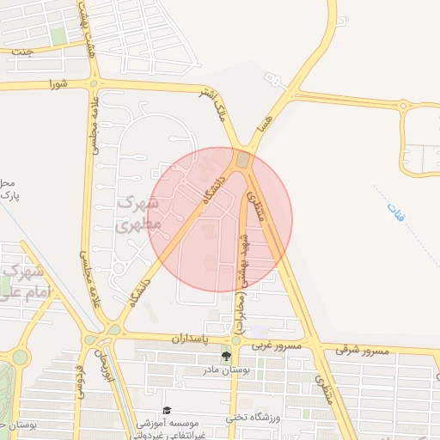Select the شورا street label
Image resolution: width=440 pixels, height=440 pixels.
pyautogui.click(x=58, y=83)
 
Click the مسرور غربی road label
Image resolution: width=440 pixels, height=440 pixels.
pyautogui.click(x=277, y=345)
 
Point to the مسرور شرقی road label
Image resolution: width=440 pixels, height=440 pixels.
pyautogui.click(x=364, y=350)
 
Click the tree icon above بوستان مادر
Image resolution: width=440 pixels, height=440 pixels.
pyautogui.click(x=226, y=356)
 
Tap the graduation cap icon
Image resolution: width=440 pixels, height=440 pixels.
pyautogui.click(x=167, y=410)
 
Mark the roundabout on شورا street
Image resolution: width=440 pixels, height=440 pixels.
pyautogui.click(x=94, y=83)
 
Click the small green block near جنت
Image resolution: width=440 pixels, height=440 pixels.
pyautogui.click(x=58, y=35)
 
